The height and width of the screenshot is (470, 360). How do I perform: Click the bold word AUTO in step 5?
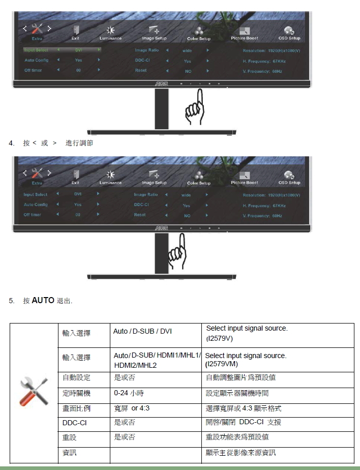pos(43,301)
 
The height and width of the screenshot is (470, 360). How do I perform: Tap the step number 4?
pos(11,143)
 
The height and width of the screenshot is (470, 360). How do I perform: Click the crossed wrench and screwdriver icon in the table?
pos(34,392)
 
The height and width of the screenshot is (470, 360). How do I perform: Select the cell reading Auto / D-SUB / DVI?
pos(142,332)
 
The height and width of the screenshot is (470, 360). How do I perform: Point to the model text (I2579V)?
pos(219,338)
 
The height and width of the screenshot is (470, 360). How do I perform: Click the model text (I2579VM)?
pos(221,364)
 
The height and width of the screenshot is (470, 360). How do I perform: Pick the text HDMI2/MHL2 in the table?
pos(135,366)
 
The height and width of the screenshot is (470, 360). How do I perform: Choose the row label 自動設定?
pos(76,378)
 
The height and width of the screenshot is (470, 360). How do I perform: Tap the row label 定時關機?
pos(76,393)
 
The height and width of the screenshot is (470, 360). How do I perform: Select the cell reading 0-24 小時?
pos(129,393)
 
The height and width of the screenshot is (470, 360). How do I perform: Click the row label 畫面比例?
pos(76,408)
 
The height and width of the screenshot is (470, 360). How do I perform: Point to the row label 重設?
pos(70,437)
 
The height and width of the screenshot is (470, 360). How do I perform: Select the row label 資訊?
pos(70,452)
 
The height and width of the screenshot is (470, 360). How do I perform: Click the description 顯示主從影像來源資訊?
pos(241,452)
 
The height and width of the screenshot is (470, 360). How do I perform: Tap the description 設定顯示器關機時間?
pos(237,393)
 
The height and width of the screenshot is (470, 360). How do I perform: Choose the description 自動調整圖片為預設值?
pos(241,378)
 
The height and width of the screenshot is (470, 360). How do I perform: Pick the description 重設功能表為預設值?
pos(237,437)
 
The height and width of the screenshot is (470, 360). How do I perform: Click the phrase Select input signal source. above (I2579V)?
pos(247,329)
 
